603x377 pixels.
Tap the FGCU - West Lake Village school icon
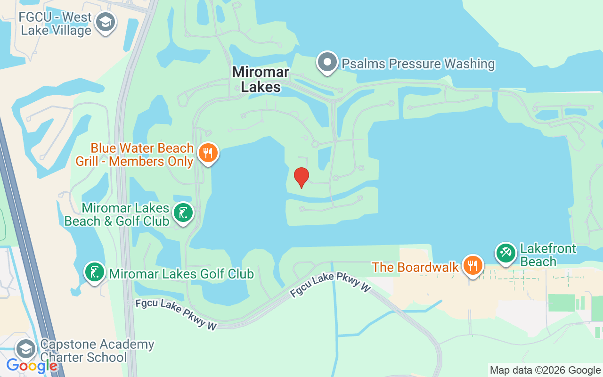[106, 22]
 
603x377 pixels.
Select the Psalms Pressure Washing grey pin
[327, 62]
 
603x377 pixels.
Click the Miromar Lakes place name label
[261, 79]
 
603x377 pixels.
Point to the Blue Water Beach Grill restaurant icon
[208, 153]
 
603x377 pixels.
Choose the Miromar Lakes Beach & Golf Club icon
[183, 213]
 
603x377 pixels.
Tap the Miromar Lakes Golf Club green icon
[95, 272]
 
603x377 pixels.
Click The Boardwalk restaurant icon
[471, 266]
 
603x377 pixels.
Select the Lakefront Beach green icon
[505, 253]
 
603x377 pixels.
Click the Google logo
[32, 365]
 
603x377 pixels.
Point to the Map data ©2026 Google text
[545, 370]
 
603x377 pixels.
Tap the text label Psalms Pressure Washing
[418, 64]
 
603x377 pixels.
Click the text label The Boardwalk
[415, 267]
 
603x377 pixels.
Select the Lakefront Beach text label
[548, 255]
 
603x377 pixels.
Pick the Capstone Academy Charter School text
[97, 351]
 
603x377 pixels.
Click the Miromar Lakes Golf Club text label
[181, 274]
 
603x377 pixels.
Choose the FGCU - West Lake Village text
[55, 24]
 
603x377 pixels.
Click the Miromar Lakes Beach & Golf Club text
[116, 214]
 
